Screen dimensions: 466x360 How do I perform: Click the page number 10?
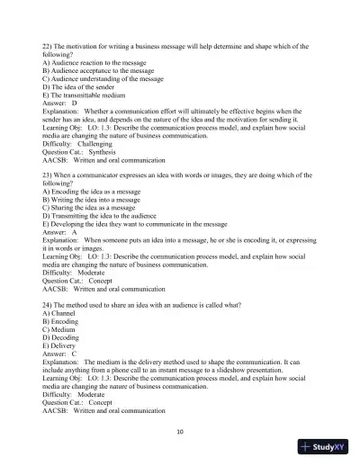pyautogui.click(x=180, y=431)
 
